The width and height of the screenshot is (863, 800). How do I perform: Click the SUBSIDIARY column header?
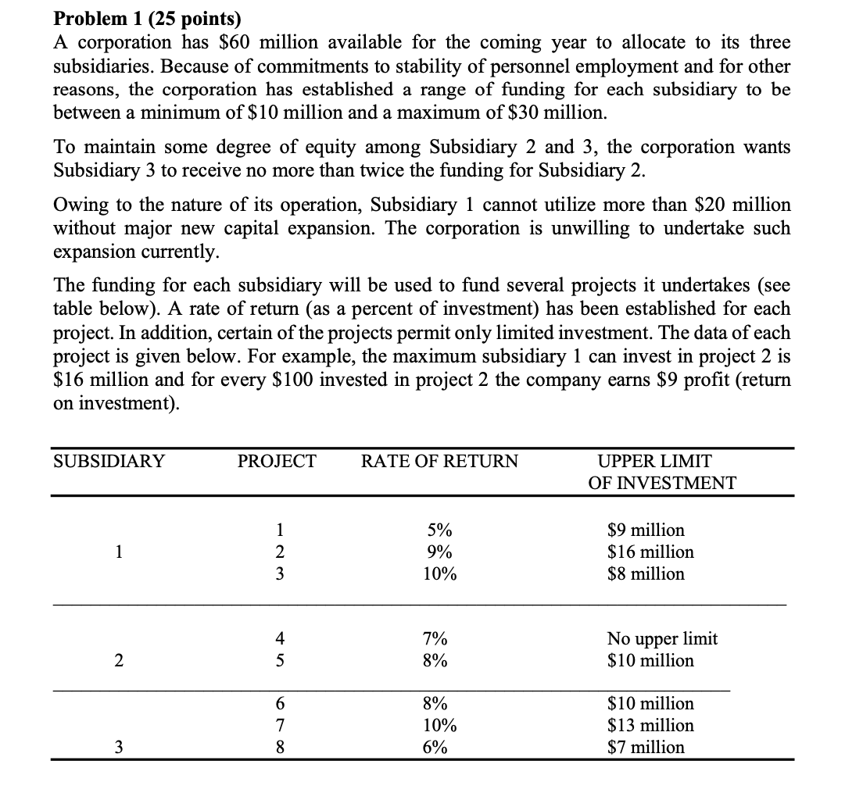click(109, 462)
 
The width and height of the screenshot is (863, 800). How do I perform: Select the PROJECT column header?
click(278, 462)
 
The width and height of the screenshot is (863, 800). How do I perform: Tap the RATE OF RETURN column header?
click(439, 462)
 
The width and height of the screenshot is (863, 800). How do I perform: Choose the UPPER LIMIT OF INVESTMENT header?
click(661, 472)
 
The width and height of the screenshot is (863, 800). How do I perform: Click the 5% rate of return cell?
click(436, 530)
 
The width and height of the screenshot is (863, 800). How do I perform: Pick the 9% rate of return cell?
click(436, 552)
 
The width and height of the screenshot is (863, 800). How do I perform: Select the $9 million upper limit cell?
click(646, 530)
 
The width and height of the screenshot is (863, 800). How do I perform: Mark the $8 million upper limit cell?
click(646, 573)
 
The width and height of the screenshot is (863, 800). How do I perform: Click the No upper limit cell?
click(662, 638)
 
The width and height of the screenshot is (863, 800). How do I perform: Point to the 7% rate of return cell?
click(435, 638)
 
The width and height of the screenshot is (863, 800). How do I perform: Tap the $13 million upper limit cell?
click(650, 725)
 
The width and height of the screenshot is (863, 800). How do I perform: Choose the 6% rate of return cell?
click(435, 747)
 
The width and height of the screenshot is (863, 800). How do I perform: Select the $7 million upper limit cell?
click(646, 747)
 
